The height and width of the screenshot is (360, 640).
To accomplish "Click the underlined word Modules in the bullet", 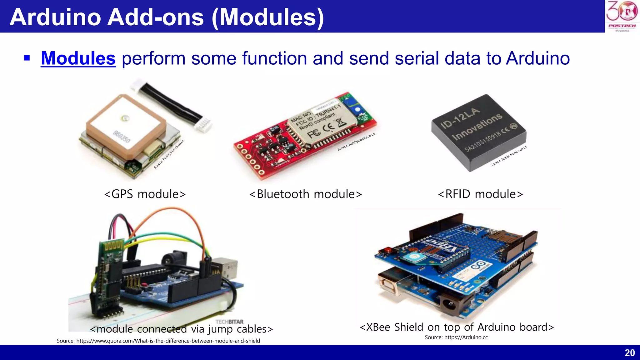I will click(78, 58).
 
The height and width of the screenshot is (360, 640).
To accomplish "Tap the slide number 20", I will click(630, 353).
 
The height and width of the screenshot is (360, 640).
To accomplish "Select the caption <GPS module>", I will click(145, 194).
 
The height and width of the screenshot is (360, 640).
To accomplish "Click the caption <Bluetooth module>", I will click(306, 194).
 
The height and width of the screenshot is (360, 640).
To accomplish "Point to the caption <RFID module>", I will click(480, 194).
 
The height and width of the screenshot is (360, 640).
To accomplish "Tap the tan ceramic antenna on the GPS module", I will click(125, 125).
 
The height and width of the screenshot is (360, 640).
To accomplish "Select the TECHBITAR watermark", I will click(229, 322).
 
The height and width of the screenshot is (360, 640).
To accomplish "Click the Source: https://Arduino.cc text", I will click(456, 337).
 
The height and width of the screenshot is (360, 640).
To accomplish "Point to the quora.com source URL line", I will click(158, 341).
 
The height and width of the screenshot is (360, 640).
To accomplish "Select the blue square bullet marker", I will click(27, 58).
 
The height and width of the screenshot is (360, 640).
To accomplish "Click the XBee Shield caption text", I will click(457, 327).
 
